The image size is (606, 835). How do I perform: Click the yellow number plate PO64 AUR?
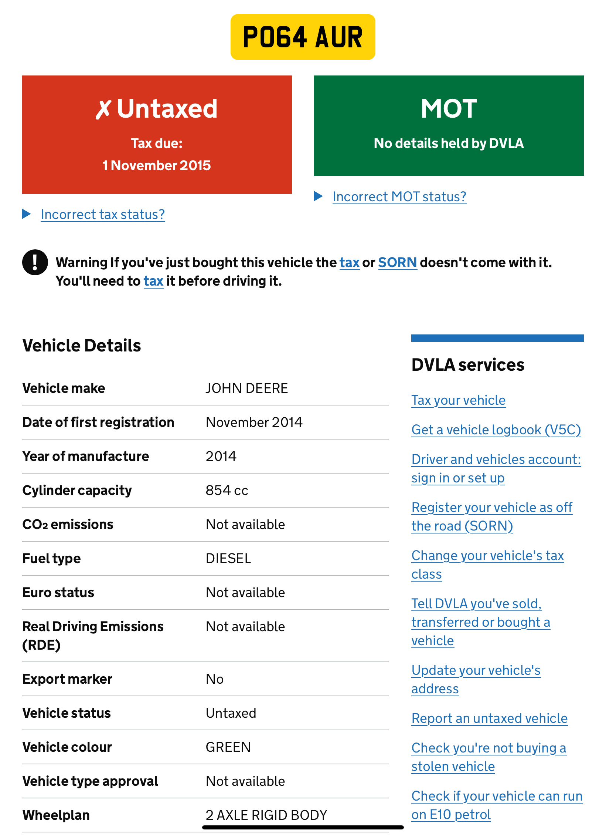tap(303, 37)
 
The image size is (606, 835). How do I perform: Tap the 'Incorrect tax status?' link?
tap(103, 215)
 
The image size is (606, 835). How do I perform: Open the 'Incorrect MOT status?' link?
tap(399, 197)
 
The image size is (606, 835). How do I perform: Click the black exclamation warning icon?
tap(35, 262)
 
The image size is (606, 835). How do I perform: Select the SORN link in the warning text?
tap(398, 263)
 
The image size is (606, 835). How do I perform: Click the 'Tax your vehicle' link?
tap(459, 400)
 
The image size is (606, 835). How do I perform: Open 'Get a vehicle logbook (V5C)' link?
tap(496, 430)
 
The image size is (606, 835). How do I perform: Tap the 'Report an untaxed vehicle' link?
tap(490, 718)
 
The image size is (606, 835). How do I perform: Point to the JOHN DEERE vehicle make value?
tap(247, 388)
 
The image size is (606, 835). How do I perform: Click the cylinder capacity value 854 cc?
tap(227, 490)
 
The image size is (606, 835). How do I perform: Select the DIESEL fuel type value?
tap(228, 558)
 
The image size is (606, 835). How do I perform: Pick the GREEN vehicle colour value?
tap(228, 747)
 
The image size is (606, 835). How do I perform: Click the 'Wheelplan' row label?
tap(56, 815)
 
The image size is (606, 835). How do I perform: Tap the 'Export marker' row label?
tap(67, 679)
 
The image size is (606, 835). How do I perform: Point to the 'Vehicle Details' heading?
tap(82, 346)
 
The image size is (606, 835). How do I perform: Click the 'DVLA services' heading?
tap(468, 365)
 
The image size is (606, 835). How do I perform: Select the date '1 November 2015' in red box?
tap(157, 165)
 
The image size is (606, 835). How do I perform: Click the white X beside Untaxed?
tap(103, 109)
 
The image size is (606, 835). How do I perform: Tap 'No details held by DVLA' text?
tap(449, 143)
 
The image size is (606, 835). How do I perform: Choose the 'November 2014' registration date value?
tap(254, 422)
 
